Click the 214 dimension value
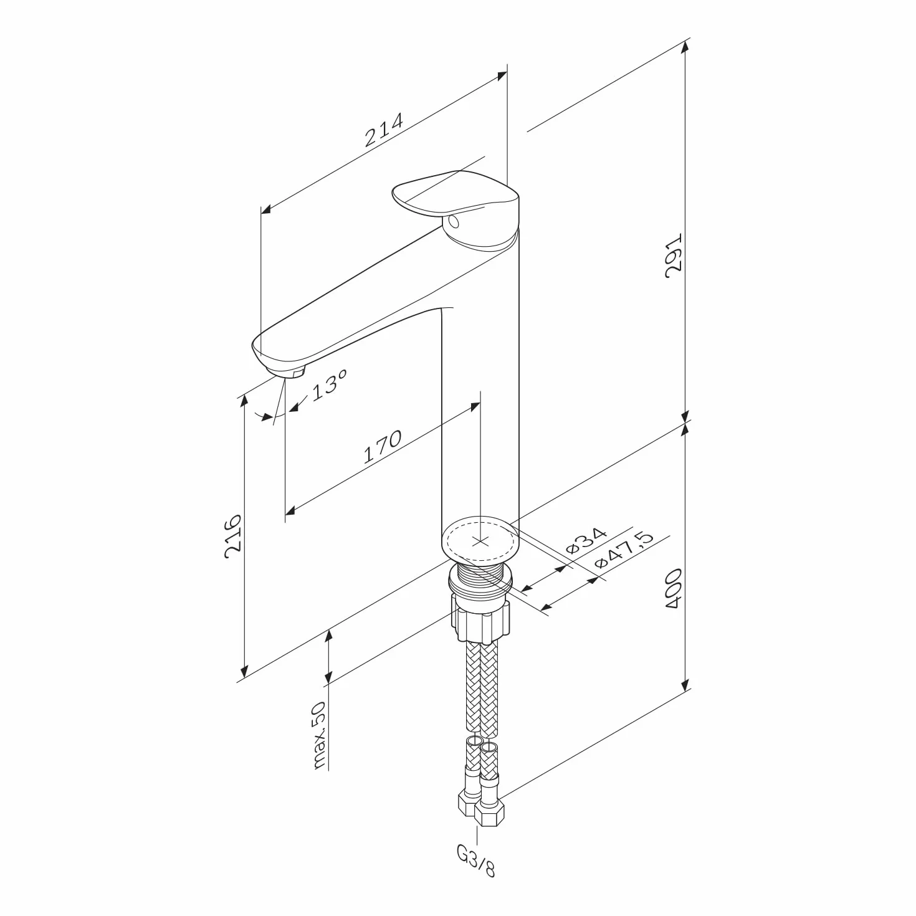[x=384, y=129]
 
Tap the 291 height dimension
[x=673, y=255]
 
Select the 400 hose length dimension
[x=673, y=589]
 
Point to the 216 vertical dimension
[x=234, y=536]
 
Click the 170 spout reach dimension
[x=382, y=447]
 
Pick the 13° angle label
[x=330, y=385]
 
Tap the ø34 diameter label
[x=586, y=541]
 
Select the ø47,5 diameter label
[x=624, y=550]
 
